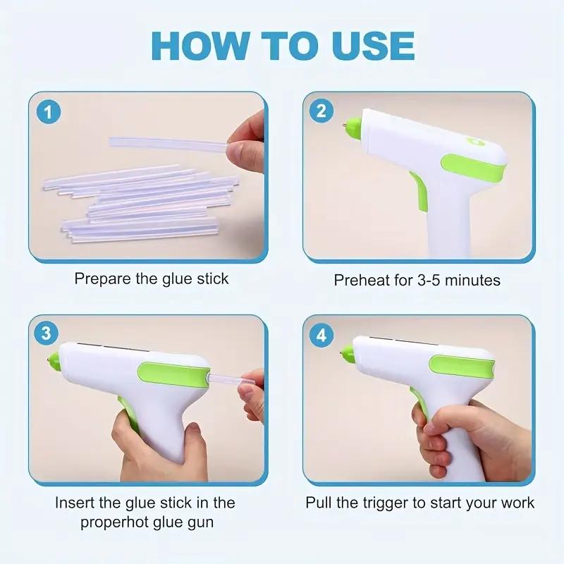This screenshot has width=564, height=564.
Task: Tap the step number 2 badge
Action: (x=321, y=111)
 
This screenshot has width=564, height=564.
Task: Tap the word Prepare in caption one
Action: (x=102, y=278)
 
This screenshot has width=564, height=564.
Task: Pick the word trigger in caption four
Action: (x=392, y=503)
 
